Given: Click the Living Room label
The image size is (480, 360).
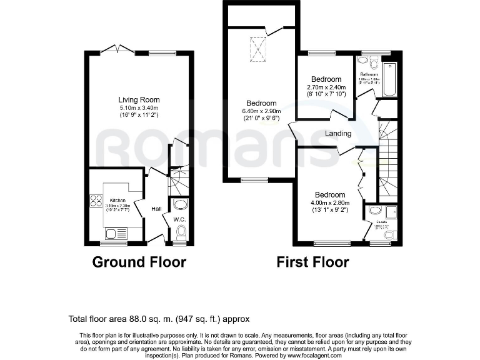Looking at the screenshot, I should (139, 99).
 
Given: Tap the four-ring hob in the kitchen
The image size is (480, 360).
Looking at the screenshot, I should (97, 201).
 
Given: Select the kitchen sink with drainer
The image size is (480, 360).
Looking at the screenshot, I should (116, 234).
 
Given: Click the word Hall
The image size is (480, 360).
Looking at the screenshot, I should (156, 209).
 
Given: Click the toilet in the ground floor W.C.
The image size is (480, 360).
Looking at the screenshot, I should (180, 233).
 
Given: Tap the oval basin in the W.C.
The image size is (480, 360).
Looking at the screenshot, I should (180, 205).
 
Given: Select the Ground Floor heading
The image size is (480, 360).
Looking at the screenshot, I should (139, 262).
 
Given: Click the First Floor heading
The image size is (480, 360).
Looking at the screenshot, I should (312, 262).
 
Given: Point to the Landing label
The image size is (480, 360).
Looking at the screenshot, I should (338, 133).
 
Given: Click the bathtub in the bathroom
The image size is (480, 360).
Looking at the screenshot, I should (389, 79).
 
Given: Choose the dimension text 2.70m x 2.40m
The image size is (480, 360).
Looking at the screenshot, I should (326, 87).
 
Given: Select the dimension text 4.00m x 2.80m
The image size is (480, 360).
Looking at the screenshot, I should (330, 202).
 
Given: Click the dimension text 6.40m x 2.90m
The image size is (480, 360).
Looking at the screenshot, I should (261, 111).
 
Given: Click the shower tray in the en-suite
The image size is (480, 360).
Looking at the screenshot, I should (391, 212).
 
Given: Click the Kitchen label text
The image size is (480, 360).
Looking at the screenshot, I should (118, 200).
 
